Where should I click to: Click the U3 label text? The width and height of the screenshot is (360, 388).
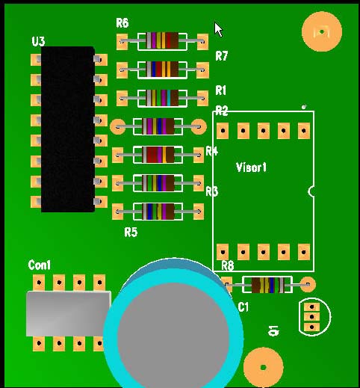(x=39, y=42)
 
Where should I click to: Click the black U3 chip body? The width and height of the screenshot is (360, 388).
(x=68, y=129)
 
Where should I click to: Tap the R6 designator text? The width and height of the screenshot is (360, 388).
(x=122, y=23)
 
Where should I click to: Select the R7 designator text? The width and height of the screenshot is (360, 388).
(x=221, y=56)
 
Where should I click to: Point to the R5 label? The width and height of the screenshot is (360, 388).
(x=131, y=233)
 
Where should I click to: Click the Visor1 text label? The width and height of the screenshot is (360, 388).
(x=251, y=167)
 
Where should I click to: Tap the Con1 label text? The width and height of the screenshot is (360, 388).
(x=40, y=265)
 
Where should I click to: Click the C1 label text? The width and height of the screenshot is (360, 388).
(x=243, y=307)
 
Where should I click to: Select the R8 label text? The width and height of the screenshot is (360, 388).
(x=228, y=265)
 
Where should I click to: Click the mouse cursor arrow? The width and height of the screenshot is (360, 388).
(x=218, y=29)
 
